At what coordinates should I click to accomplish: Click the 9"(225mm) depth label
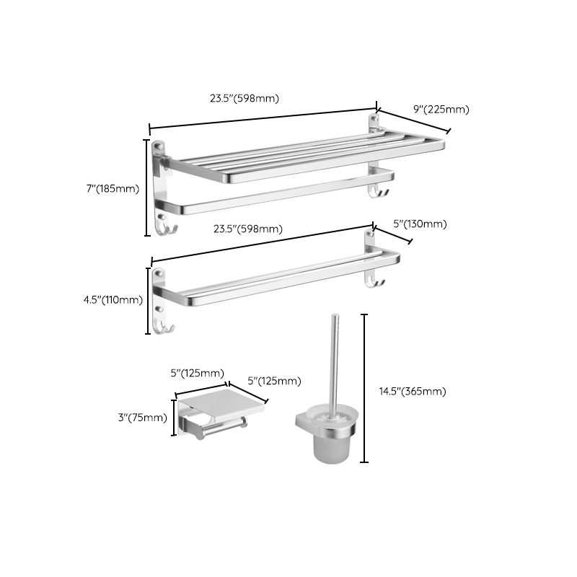coord(441,110)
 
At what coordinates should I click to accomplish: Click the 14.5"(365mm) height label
coord(413,392)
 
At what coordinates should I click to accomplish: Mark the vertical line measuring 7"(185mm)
coord(148,188)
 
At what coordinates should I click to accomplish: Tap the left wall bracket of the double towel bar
coord(159,296)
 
